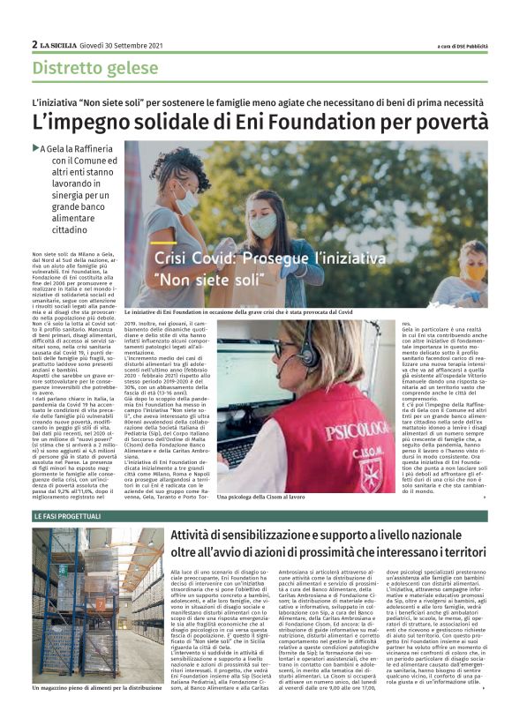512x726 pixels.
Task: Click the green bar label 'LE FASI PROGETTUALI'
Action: pyautogui.click(x=69, y=514)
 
